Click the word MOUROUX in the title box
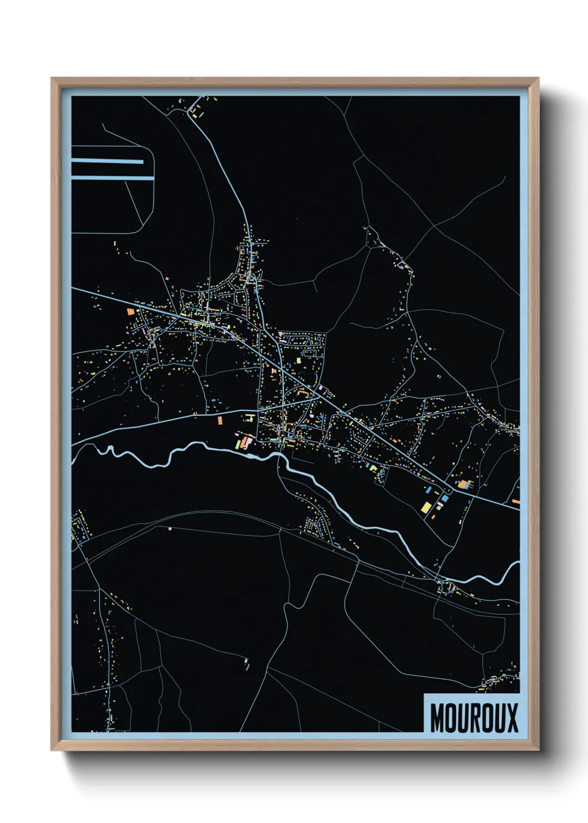pos(474,718)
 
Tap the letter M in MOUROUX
pos(438,718)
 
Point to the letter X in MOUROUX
pos(511,718)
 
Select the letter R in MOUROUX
pos(474,718)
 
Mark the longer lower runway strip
pos(112,178)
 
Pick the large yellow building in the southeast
pos(426,507)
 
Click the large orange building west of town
pos(131,312)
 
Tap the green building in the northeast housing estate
pos(298,360)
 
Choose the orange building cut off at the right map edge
pos(516,502)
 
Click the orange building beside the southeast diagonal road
pos(463,484)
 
